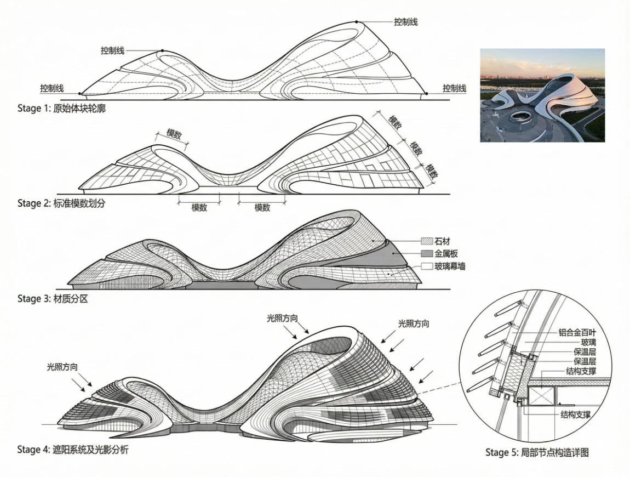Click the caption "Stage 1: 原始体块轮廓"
[61, 108]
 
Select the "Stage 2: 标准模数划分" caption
[61, 203]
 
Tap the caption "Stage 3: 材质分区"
[52, 299]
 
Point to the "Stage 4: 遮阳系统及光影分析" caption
[73, 449]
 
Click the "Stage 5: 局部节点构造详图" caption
[537, 452]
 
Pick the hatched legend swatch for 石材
[426, 241]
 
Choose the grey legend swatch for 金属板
[426, 253]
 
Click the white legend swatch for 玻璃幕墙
[426, 266]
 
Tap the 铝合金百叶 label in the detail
[577, 333]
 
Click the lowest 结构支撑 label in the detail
[575, 414]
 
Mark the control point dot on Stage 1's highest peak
[356, 22]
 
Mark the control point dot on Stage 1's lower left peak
[162, 50]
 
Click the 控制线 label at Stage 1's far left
[52, 88]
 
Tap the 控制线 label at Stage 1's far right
[454, 88]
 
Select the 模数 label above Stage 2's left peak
[174, 134]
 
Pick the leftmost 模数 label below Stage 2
[199, 208]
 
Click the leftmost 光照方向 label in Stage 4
[62, 367]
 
